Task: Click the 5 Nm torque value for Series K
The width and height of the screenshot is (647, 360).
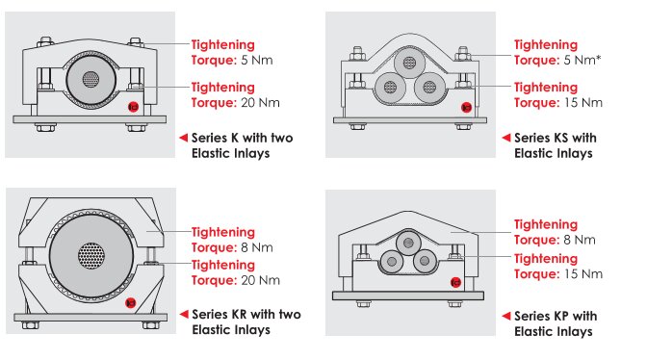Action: [257, 61]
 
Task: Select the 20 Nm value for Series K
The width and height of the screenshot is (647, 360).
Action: [260, 103]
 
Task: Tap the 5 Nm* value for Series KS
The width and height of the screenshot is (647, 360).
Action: [582, 61]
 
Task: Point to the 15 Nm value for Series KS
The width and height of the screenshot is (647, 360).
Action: [583, 103]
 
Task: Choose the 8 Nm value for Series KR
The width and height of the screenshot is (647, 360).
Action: [257, 247]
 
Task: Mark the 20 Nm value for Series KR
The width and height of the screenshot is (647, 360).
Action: [260, 280]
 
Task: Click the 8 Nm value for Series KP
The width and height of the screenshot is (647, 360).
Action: [580, 240]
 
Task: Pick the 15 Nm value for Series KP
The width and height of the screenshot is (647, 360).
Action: [583, 273]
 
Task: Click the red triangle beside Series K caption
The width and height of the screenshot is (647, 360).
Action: [184, 138]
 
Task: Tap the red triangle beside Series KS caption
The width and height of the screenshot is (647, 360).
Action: [506, 138]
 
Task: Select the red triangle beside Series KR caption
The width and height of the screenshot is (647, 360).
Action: [184, 314]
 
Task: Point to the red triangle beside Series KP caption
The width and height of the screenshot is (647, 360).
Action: [506, 316]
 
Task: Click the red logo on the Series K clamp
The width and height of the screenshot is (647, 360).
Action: [133, 107]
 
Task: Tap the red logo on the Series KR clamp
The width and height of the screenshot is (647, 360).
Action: [130, 303]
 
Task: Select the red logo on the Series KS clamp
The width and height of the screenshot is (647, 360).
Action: [466, 108]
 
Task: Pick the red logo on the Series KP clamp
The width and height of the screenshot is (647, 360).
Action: [455, 282]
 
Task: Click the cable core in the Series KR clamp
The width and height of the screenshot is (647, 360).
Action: [91, 255]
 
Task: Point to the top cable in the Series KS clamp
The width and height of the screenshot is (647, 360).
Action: [409, 63]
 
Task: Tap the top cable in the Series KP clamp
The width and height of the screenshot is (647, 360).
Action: [408, 243]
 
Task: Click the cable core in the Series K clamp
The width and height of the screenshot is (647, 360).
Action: [91, 79]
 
